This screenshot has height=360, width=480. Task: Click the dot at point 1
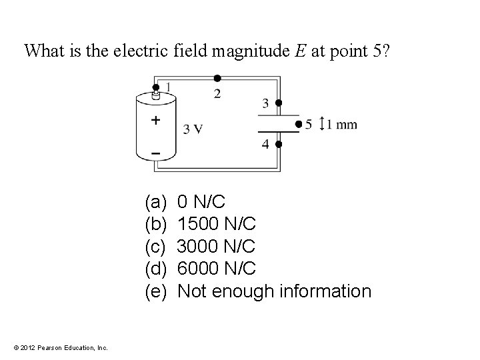point(156,87)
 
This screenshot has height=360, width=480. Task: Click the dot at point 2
point(217,78)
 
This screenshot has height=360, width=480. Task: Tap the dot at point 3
point(279,103)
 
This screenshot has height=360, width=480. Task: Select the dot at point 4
point(279,143)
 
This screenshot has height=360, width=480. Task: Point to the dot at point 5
point(299,123)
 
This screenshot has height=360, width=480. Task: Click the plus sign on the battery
point(155,121)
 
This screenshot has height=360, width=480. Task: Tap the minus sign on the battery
point(155,153)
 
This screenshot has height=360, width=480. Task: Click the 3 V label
point(193,129)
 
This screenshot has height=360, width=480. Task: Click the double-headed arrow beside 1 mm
point(322,124)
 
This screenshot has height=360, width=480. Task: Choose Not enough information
point(275,291)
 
